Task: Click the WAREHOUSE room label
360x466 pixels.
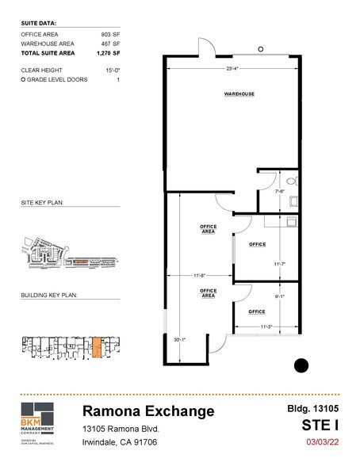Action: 239,94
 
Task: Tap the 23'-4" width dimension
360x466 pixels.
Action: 232,70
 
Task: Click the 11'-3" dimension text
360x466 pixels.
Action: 266,326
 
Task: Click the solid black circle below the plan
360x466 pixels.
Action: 301,365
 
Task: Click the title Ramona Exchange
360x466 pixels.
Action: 148,411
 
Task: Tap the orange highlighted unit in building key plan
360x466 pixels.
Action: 97,347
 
